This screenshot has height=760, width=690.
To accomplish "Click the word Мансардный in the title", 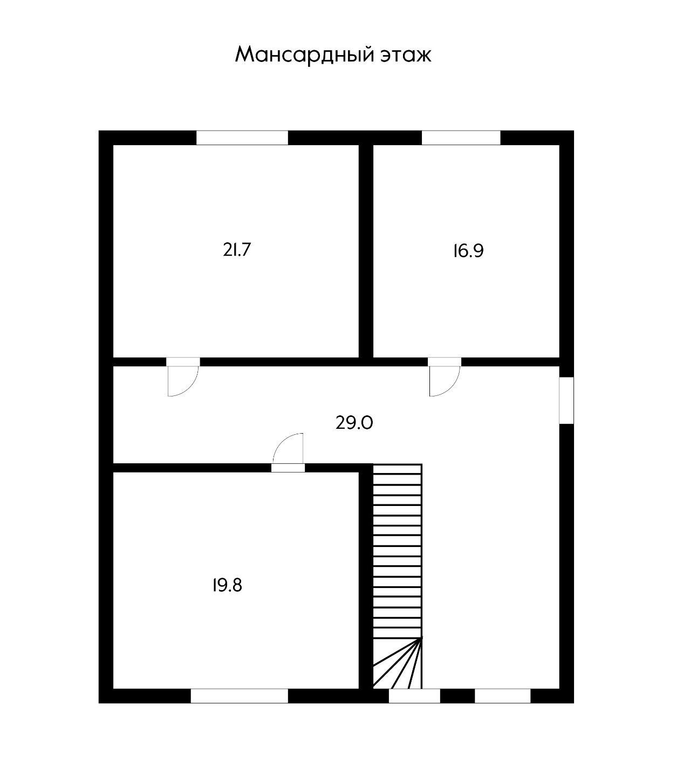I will tap(297, 55).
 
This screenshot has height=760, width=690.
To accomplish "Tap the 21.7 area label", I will tap(237, 250).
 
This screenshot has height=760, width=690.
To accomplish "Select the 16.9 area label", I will tap(468, 251).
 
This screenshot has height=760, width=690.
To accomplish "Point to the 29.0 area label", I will tap(354, 423).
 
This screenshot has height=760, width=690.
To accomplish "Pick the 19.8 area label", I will tap(227, 585).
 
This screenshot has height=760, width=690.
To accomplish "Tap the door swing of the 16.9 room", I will tap(443, 381).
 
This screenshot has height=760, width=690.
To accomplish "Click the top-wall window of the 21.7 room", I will tap(242, 138).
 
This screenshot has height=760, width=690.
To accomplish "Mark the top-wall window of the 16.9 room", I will tap(461, 138).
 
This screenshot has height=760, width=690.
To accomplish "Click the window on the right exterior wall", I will tap(566, 400).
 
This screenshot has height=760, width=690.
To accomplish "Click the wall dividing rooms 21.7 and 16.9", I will tap(366, 251).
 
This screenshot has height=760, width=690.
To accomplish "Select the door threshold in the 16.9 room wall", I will tap(445, 361).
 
